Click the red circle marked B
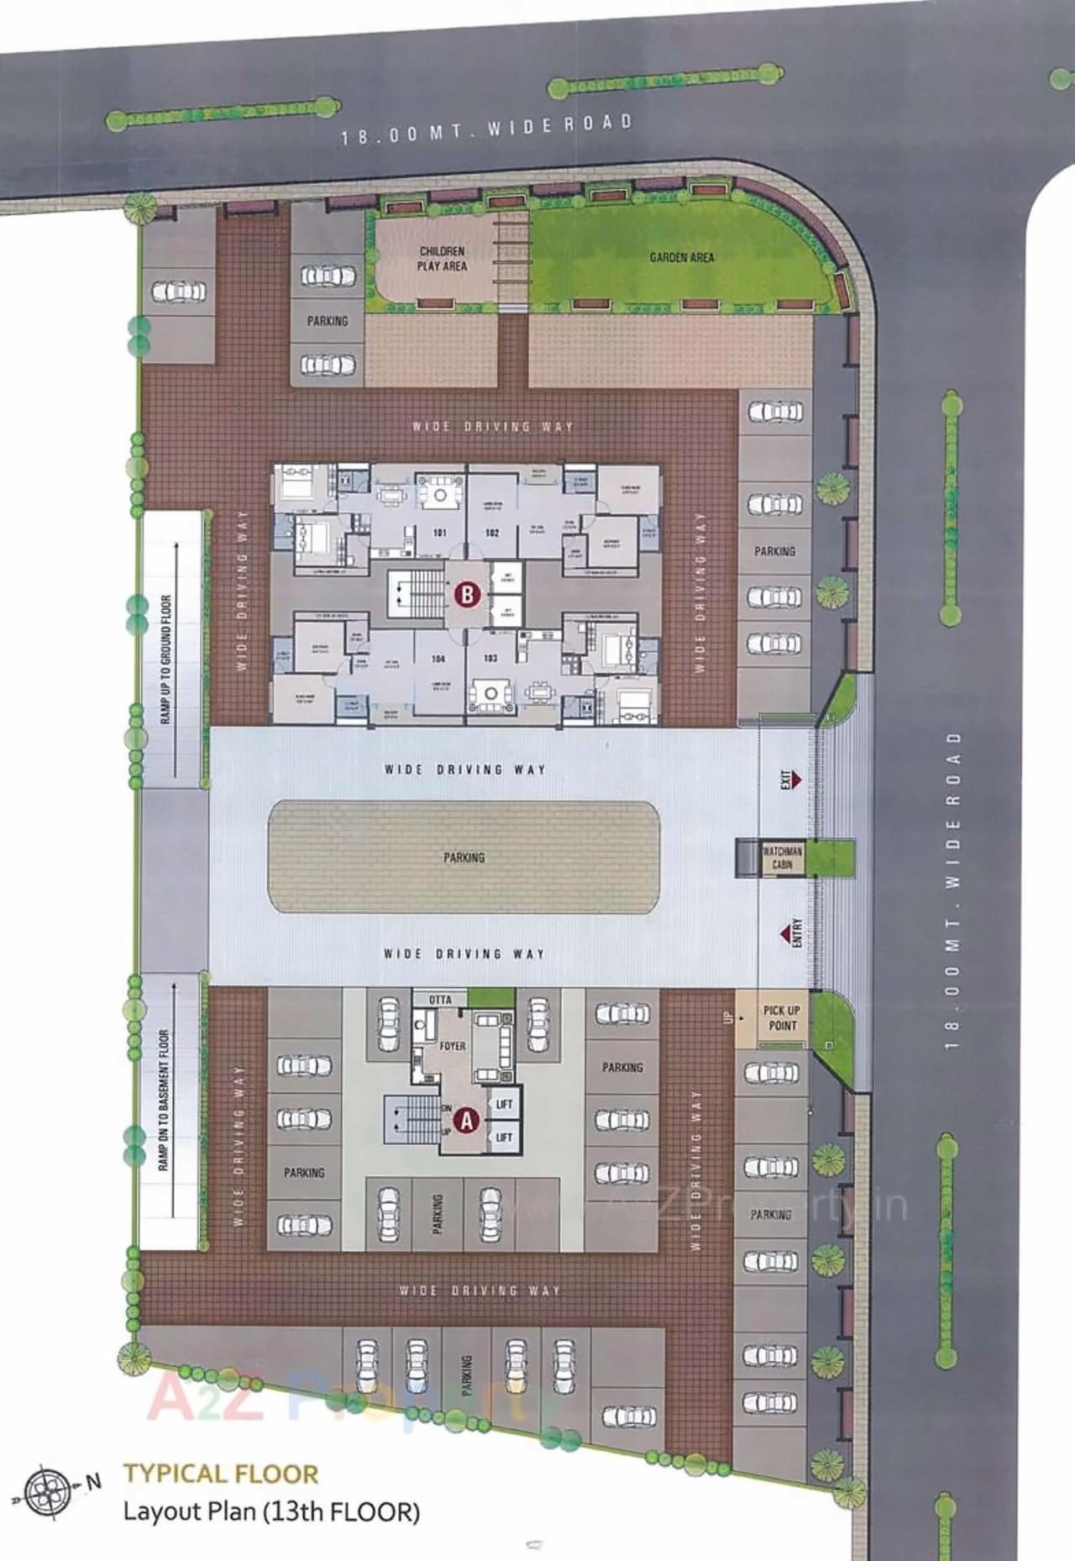tap(467, 595)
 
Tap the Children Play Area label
tap(442, 259)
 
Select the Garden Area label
tap(681, 257)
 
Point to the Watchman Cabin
tap(782, 858)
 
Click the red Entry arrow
tap(791, 933)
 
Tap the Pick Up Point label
tap(781, 1017)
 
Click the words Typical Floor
tap(221, 1474)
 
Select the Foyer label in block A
tap(452, 1046)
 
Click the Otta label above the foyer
tap(440, 1000)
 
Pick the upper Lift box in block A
tap(504, 1104)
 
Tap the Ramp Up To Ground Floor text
tap(165, 660)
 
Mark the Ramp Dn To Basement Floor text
tap(163, 1100)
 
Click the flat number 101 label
tap(439, 533)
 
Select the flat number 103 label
tap(490, 658)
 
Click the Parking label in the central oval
tap(464, 858)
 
